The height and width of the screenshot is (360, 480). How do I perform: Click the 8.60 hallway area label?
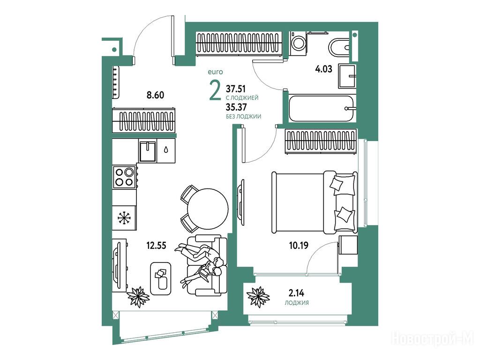tap(155, 95)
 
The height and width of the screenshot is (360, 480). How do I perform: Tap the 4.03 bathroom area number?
tap(323, 69)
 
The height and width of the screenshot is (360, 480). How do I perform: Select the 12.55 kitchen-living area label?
tap(156, 245)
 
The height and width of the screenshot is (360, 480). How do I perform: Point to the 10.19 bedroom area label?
tap(299, 245)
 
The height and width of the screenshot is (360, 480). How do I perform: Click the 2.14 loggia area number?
tap(296, 293)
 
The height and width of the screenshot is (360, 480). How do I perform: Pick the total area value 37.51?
tap(236, 89)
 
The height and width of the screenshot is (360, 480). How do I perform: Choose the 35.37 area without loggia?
tap(236, 107)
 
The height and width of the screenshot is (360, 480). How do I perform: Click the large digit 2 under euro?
tap(215, 90)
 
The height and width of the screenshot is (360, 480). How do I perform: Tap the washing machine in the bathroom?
tap(298, 43)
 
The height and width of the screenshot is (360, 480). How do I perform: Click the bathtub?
tap(322, 108)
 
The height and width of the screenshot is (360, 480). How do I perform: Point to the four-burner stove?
tap(125, 177)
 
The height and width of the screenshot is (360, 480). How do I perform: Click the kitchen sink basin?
tap(148, 150)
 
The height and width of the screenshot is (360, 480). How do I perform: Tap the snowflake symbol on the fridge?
tap(124, 218)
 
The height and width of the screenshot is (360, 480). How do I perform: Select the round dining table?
tap(208, 209)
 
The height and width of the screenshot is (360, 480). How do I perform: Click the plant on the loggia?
tap(258, 296)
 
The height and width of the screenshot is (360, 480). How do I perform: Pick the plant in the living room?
tap(138, 296)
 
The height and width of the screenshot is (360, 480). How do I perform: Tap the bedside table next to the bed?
tap(348, 245)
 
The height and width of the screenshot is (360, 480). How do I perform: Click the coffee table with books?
tap(161, 278)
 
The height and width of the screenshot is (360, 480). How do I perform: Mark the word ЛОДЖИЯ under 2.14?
tap(297, 303)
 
